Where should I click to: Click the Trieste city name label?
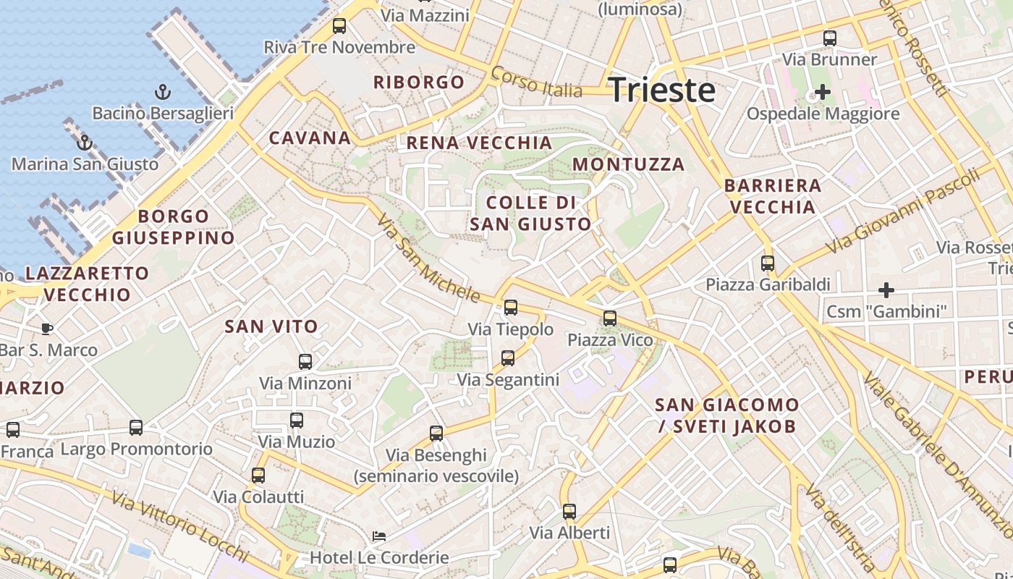point(662,90)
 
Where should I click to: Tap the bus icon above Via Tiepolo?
point(511,308)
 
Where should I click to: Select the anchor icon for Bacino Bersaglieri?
point(163,92)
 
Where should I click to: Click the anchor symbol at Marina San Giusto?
point(85,142)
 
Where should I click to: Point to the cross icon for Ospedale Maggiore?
point(822,92)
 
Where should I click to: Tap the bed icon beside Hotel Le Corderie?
point(378,536)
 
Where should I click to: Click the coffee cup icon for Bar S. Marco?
point(47,329)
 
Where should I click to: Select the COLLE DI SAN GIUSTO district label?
point(531,213)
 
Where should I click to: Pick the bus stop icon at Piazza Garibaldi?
point(768,263)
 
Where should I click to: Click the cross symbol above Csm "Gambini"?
point(886,290)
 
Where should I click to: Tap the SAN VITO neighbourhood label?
point(271,326)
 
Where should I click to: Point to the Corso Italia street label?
point(536,82)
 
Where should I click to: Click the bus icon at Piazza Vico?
point(610,318)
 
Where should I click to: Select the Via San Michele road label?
point(428,260)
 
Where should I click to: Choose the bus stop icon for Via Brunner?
point(830,38)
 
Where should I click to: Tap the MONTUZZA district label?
point(628,164)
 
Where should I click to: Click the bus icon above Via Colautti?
point(258,476)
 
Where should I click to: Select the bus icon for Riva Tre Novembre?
point(339,27)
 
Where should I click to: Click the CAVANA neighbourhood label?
point(310,138)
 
